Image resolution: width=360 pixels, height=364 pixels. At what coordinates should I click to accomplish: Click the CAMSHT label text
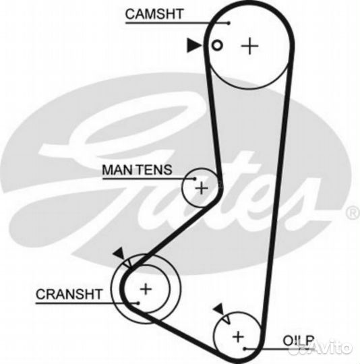[154, 14]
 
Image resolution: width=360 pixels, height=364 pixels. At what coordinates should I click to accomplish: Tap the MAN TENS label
[137, 170]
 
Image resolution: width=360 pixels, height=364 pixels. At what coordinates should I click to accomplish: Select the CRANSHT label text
[69, 294]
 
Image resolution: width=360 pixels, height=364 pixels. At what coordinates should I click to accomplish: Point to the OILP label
[299, 341]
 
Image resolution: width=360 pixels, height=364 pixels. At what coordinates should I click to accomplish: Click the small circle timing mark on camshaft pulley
[217, 46]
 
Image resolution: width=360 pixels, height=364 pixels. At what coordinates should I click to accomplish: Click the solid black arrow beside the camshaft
[194, 45]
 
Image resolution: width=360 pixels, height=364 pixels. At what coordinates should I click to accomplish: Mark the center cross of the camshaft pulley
[249, 46]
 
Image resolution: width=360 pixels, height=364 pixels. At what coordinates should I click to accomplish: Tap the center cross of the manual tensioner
[202, 188]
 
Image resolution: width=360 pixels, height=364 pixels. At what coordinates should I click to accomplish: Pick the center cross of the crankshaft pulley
[146, 289]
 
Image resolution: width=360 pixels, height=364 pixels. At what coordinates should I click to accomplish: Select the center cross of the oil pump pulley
[238, 336]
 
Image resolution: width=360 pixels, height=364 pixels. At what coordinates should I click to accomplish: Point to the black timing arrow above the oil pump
[219, 309]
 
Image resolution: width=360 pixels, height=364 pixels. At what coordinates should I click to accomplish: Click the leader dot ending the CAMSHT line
[229, 23]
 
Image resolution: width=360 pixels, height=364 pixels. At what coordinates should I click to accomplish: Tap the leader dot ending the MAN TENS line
[195, 179]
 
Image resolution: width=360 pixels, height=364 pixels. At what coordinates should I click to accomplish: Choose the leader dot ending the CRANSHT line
[138, 303]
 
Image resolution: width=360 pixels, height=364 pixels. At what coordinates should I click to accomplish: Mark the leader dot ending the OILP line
[245, 348]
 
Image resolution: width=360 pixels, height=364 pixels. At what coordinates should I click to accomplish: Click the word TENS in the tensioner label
[155, 170]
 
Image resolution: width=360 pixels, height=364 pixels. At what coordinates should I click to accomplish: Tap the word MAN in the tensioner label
[118, 170]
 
